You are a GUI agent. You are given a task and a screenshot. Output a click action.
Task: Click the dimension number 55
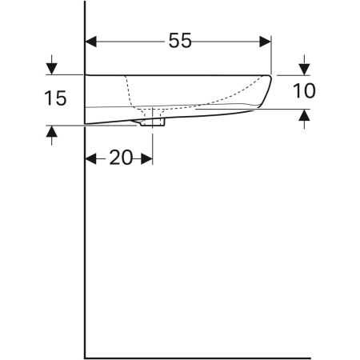coord(180,42)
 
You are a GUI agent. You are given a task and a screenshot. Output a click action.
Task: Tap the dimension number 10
coord(304,91)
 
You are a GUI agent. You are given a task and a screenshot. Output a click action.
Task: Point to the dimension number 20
coord(120,158)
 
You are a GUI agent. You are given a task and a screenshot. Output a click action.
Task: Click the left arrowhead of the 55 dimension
coord(91,42)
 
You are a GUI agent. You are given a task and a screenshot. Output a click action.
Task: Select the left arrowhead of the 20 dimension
coord(90,158)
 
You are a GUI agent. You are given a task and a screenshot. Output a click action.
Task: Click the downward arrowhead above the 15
coord(52,68)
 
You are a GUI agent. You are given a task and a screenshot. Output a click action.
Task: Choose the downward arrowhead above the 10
coord(304,68)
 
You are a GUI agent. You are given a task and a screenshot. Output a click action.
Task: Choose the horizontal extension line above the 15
coord(64,74)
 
